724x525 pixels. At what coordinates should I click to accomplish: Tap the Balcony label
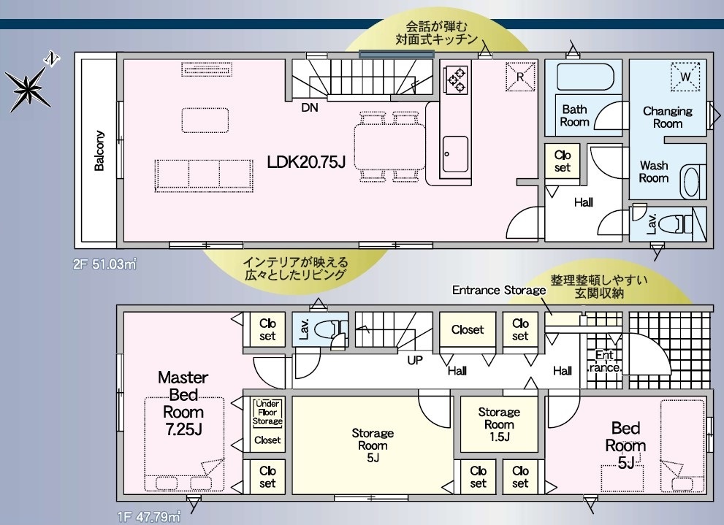tap(99, 151)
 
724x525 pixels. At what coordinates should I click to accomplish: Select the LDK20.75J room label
tap(306, 162)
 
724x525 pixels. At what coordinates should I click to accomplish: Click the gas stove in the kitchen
tap(456, 80)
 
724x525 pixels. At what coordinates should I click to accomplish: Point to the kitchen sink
tap(455, 154)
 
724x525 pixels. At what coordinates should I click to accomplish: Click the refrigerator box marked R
tap(520, 77)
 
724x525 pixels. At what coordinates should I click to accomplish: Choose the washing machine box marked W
tap(685, 76)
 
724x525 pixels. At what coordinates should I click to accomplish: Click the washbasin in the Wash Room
tap(690, 181)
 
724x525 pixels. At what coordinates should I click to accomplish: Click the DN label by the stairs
tap(309, 107)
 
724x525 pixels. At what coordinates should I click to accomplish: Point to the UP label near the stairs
tap(415, 360)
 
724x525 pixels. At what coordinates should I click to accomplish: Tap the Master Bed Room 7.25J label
tap(183, 403)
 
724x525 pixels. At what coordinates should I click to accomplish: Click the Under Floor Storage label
tap(267, 413)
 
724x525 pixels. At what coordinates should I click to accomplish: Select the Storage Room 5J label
tap(373, 445)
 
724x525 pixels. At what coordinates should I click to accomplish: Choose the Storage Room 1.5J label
tap(499, 424)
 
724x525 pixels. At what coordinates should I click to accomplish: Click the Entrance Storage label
tap(499, 290)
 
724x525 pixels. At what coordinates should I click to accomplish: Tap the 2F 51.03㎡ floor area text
tap(104, 265)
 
